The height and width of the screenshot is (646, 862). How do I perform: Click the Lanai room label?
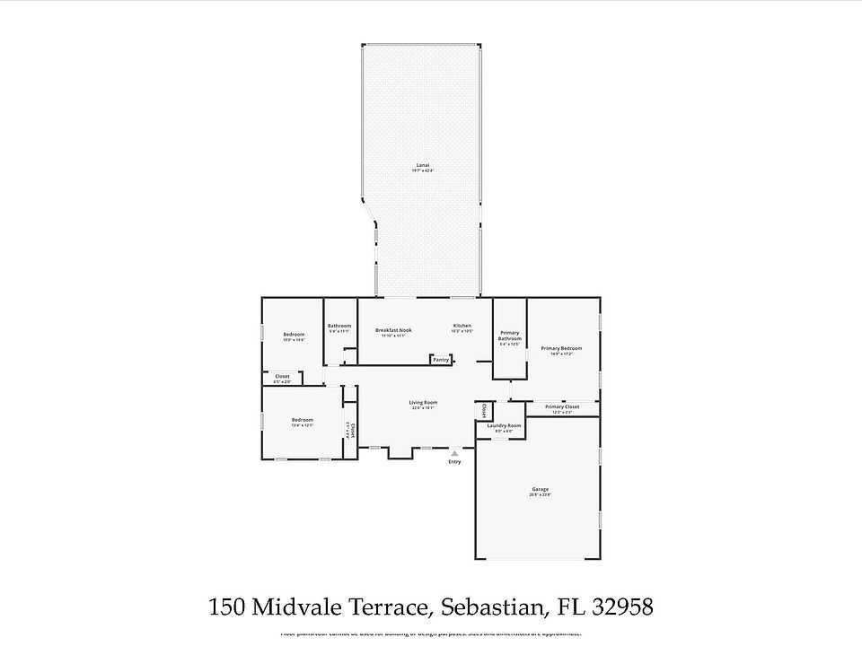(422, 166)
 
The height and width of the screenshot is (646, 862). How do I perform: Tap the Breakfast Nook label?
(393, 330)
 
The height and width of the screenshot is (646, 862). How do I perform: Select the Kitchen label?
(462, 326)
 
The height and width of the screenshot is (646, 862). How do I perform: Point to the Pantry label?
(441, 360)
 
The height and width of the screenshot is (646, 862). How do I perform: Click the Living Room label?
(423, 403)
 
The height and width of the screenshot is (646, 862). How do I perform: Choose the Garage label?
(540, 489)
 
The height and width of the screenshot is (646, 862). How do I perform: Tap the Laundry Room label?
(504, 425)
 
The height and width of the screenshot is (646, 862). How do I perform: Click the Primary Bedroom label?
(561, 348)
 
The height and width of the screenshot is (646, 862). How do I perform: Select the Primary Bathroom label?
(510, 336)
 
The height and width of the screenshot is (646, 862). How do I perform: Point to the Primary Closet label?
(561, 406)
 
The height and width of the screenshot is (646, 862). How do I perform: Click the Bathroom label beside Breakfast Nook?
(339, 326)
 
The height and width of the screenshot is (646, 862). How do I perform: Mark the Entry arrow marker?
(454, 454)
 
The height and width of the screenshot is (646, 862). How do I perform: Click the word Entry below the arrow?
(454, 462)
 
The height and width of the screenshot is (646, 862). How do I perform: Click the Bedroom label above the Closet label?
(294, 335)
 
